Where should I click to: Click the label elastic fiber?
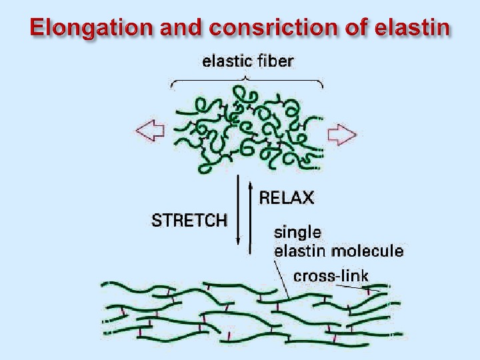click(x=247, y=62)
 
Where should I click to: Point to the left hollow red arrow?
click(x=150, y=131)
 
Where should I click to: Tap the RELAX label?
click(x=286, y=197)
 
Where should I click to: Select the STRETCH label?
click(x=189, y=220)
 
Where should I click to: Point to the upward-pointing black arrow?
click(x=251, y=217)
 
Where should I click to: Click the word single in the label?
click(x=297, y=233)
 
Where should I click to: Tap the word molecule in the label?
click(x=373, y=251)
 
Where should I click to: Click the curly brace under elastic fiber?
click(x=247, y=82)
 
